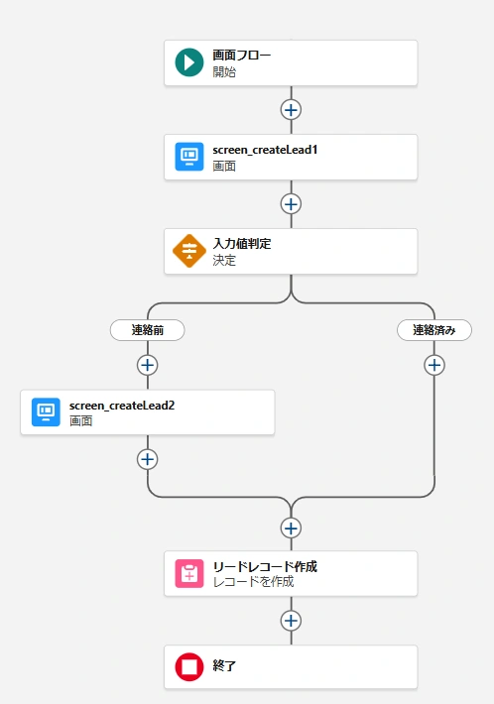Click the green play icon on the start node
pyautogui.click(x=189, y=62)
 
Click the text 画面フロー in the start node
pyautogui.click(x=242, y=56)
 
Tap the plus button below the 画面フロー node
pyautogui.click(x=291, y=110)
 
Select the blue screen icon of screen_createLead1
pyautogui.click(x=189, y=157)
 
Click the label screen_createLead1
pyautogui.click(x=265, y=150)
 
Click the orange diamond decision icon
pyautogui.click(x=189, y=251)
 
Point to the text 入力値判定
pyautogui.click(x=242, y=244)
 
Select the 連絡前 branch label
pyautogui.click(x=147, y=330)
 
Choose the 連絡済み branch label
pyautogui.click(x=434, y=330)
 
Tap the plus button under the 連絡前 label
pyautogui.click(x=147, y=365)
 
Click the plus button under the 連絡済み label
pyautogui.click(x=434, y=365)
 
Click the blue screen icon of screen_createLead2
pyautogui.click(x=46, y=411)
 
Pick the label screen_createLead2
pyautogui.click(x=122, y=406)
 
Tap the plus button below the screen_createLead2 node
pyautogui.click(x=147, y=459)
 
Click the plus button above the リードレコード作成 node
pyautogui.click(x=291, y=528)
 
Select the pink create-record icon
pyautogui.click(x=189, y=573)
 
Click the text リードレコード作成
pyautogui.click(x=265, y=566)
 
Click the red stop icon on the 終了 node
pyautogui.click(x=189, y=666)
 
